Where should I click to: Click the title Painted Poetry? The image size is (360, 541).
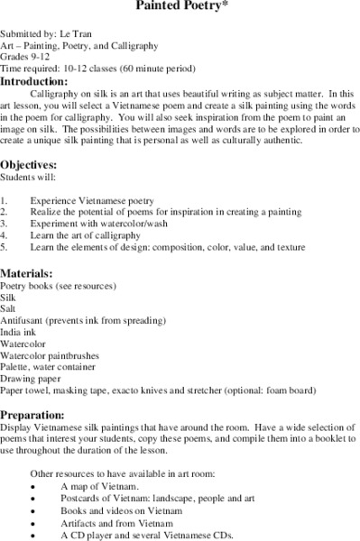point(180,5)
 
